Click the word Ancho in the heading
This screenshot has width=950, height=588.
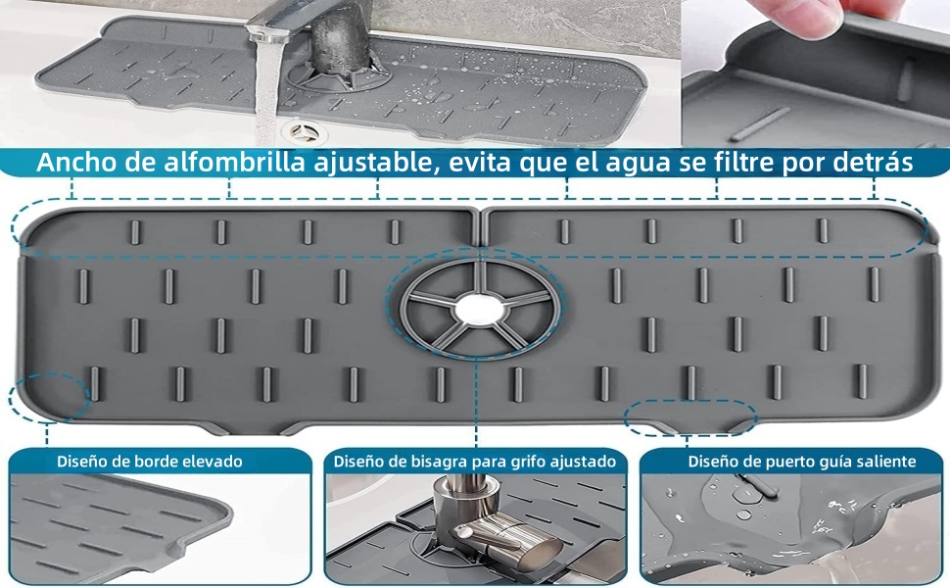pyautogui.click(x=78, y=162)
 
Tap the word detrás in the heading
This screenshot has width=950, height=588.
pyautogui.click(x=872, y=162)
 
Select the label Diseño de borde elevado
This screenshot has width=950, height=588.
pyautogui.click(x=149, y=461)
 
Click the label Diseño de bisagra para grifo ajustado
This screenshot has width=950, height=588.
pyautogui.click(x=474, y=461)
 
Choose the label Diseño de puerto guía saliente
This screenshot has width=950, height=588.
pyautogui.click(x=801, y=461)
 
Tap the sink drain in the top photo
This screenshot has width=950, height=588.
pyautogui.click(x=298, y=129)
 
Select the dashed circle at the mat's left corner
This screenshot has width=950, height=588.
pyautogui.click(x=47, y=398)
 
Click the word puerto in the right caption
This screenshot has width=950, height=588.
pyautogui.click(x=784, y=461)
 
